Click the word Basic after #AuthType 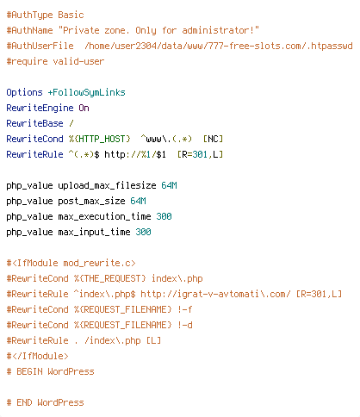71,15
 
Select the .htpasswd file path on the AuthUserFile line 219,46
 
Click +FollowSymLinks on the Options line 86,92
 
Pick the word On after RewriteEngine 84,108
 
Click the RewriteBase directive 34,123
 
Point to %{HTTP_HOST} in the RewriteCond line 100,139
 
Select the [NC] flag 213,139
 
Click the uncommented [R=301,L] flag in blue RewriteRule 200,154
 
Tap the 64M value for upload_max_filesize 169,185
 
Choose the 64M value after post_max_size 138,201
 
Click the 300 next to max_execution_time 164,216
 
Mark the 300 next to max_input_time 143,232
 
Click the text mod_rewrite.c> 99,263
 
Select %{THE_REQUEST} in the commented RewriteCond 110,278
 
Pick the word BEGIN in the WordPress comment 29,371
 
